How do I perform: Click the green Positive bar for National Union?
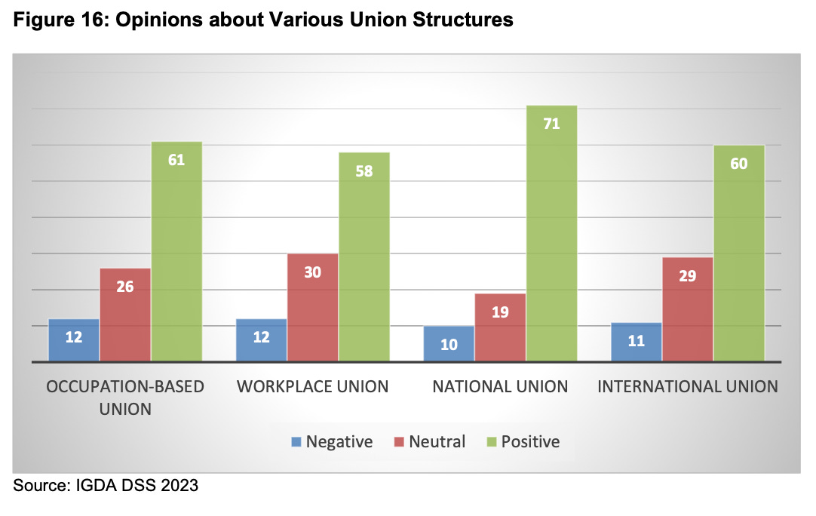click(551, 234)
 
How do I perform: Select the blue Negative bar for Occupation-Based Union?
click(74, 341)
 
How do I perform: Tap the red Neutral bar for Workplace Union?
click(312, 308)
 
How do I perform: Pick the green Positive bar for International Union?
click(739, 253)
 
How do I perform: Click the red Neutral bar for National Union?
click(500, 327)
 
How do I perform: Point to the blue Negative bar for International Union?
click(637, 342)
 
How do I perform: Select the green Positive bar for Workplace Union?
click(364, 256)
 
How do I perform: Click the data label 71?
click(551, 124)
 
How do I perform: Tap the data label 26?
click(125, 287)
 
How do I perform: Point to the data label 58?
click(364, 170)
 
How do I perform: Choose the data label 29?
click(687, 275)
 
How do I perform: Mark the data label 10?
click(449, 345)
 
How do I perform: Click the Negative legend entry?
click(332, 441)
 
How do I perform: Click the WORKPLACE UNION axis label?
click(312, 387)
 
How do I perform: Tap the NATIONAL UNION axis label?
click(499, 387)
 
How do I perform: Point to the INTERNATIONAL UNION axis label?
click(687, 387)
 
